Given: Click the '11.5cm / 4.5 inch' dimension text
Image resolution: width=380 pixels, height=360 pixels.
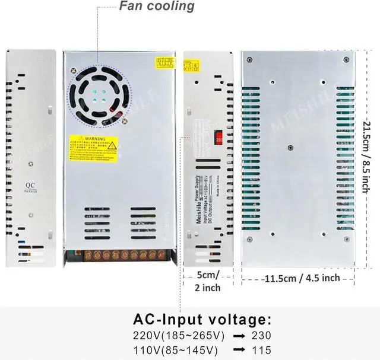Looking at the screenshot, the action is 302,278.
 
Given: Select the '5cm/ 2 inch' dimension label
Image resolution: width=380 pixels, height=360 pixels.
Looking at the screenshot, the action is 208,281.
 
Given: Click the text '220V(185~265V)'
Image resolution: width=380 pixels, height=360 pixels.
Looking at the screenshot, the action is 178,335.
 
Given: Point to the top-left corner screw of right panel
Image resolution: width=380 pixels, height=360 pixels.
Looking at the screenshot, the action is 249,60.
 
